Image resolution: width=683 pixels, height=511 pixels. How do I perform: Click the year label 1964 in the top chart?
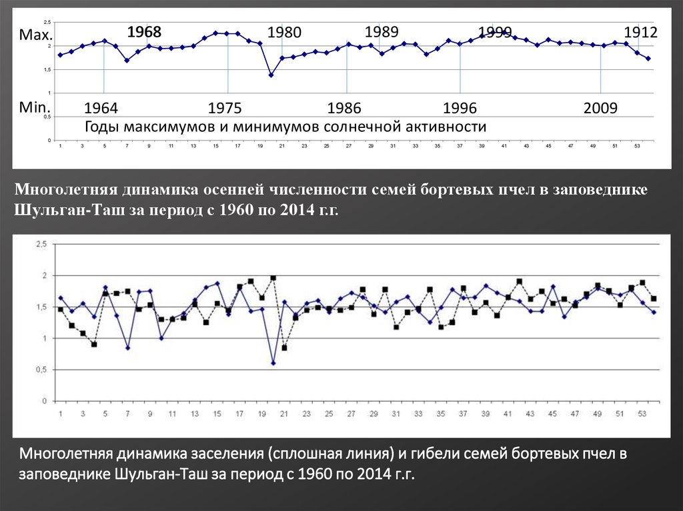[x=101, y=109]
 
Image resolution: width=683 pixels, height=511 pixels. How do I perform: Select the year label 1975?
[x=225, y=109]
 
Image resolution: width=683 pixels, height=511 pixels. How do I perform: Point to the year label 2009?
[x=600, y=109]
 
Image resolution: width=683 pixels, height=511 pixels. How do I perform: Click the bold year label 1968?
[x=145, y=31]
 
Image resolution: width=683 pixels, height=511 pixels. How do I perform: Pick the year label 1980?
[x=285, y=32]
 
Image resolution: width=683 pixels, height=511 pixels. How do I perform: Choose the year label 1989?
[x=382, y=31]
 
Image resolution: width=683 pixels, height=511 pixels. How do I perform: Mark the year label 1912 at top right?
[x=640, y=32]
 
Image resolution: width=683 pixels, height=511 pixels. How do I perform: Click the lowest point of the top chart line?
[x=271, y=75]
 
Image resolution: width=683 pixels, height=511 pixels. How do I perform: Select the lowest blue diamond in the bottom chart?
[x=273, y=363]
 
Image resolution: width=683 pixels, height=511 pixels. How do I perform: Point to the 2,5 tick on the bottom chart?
[x=41, y=245]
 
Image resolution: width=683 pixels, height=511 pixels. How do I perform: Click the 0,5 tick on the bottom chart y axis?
[x=41, y=370]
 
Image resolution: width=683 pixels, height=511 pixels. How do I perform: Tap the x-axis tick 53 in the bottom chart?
[x=642, y=414]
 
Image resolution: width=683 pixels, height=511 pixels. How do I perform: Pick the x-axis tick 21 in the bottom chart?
[x=283, y=414]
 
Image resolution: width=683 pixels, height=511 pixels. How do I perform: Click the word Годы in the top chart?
[x=100, y=127]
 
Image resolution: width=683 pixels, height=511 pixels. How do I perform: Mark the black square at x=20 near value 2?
[x=273, y=278]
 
